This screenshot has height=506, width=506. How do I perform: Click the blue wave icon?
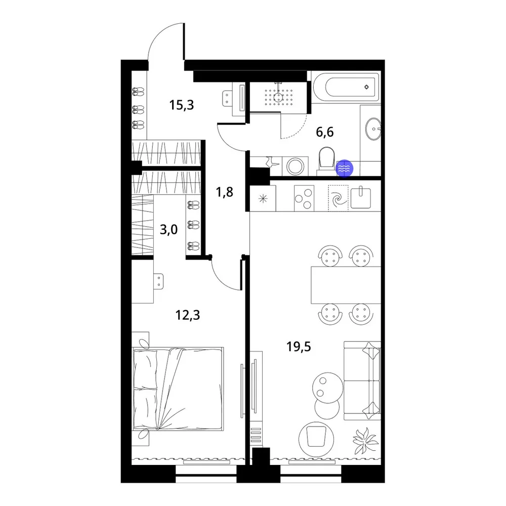tap(345, 168)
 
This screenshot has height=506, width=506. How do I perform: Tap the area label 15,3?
tap(182, 105)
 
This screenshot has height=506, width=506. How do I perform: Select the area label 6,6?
tap(325, 132)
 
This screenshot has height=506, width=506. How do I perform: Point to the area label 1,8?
tap(224, 192)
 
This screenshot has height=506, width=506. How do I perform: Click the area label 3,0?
tap(169, 230)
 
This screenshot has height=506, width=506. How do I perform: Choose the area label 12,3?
tap(188, 315)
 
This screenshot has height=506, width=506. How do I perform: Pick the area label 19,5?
tap(299, 347)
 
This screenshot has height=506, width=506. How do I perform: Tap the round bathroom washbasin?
tap(373, 129)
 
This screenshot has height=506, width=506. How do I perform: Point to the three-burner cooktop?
tap(304, 198)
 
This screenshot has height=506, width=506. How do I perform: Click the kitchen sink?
tap(361, 197)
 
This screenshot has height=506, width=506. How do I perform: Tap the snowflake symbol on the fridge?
tap(263, 198)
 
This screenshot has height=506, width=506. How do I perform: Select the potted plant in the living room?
tap(365, 440)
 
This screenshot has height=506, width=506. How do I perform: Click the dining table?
tap(346, 285)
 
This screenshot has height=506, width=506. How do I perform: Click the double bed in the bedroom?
tap(178, 389)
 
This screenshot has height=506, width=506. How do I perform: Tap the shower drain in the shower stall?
tap(278, 96)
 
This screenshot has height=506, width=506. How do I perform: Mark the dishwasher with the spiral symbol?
tap(338, 198)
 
